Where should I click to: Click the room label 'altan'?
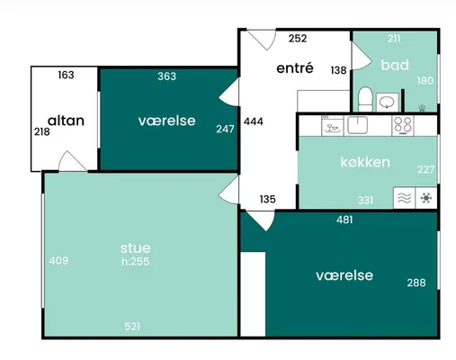66,121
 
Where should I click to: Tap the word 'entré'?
295,68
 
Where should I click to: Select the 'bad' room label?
395,65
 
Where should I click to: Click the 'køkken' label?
365,162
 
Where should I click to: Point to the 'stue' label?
136,248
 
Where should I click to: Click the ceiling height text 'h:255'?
136,261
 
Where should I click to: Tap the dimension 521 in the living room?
132,326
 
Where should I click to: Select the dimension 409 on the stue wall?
58,260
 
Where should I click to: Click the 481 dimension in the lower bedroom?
344,220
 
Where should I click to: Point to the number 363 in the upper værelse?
167,76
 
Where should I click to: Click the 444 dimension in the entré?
254,121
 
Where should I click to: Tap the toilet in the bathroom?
365,99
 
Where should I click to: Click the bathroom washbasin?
387,102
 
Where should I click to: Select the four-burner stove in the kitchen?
403,125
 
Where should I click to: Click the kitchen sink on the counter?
357,124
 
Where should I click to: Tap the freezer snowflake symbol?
426,198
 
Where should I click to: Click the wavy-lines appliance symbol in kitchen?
405,198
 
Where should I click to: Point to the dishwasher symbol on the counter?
333,125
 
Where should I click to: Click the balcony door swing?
73,161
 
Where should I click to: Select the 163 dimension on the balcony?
66,75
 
